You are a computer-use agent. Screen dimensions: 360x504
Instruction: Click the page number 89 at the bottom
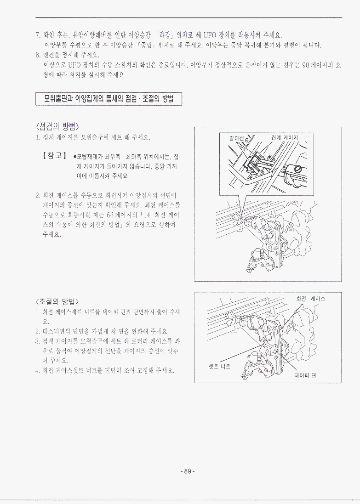click(x=188, y=471)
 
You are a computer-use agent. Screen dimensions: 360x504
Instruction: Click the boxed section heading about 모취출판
click(x=109, y=99)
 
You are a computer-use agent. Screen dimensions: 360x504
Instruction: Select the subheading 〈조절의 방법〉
click(x=57, y=301)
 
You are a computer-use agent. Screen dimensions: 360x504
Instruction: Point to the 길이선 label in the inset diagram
click(x=236, y=138)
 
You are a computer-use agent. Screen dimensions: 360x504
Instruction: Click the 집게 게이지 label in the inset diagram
click(x=285, y=138)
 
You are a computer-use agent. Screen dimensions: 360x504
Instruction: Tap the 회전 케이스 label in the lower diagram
click(x=310, y=299)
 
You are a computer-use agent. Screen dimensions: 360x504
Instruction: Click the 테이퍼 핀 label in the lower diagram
click(x=305, y=375)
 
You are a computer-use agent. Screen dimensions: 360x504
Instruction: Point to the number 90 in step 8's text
click(x=306, y=65)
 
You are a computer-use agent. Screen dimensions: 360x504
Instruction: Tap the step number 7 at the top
click(x=37, y=35)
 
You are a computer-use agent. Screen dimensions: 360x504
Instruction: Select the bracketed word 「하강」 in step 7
click(x=165, y=35)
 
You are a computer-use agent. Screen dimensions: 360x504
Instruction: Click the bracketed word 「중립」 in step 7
click(x=146, y=45)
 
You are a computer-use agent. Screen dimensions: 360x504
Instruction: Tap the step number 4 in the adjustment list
click(x=37, y=370)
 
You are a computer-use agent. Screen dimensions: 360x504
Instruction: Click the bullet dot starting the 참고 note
click(x=75, y=157)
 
